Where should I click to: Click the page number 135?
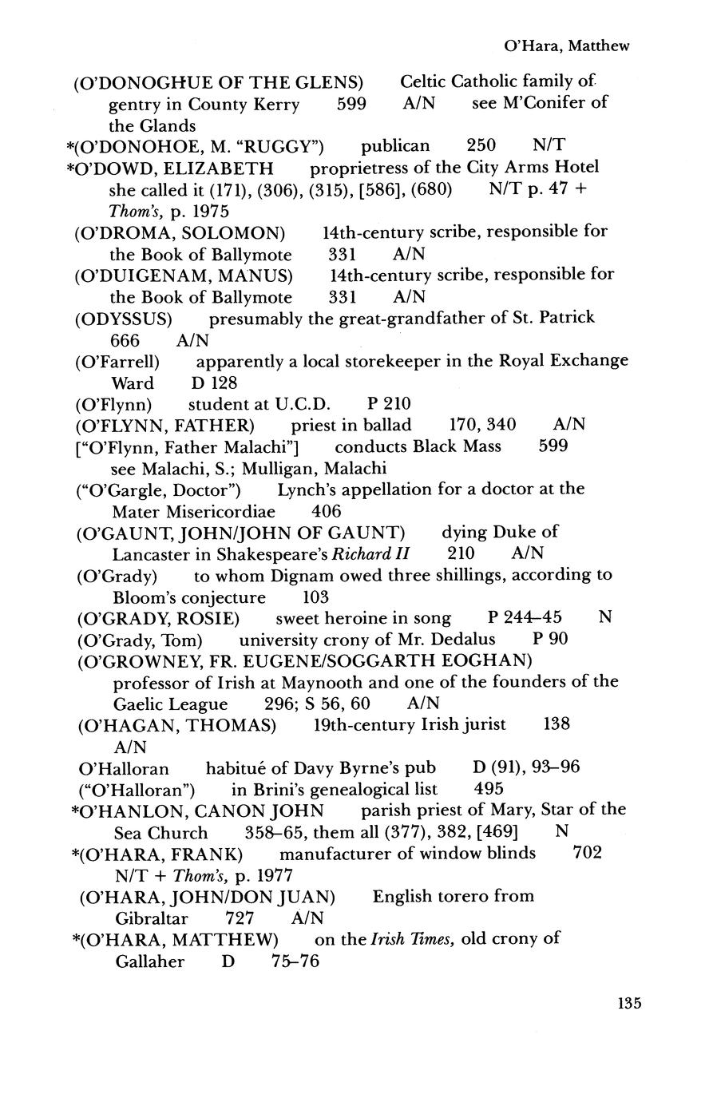[628, 1003]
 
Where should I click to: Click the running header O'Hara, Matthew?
[567, 46]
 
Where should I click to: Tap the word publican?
[395, 145]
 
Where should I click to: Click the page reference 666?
[125, 339]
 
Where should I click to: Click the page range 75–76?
[295, 961]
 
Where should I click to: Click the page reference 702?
[588, 852]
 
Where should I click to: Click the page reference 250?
[481, 145]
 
